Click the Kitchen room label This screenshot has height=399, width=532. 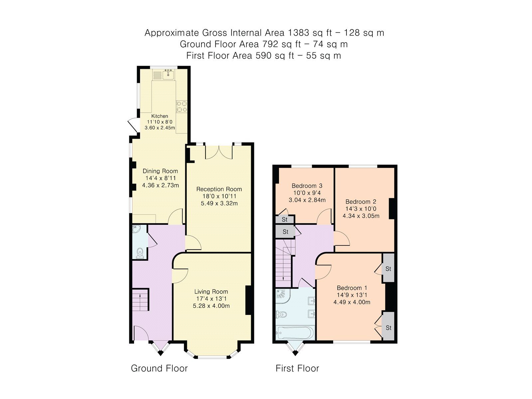tap(160, 116)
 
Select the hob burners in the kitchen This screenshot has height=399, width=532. tap(182, 106)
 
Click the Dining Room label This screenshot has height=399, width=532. tap(160, 171)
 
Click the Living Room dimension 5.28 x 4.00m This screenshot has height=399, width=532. tap(211, 306)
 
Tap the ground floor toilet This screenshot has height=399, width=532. tap(140, 252)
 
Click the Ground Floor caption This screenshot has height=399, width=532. tap(159, 368)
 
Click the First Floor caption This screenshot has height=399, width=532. tap(297, 368)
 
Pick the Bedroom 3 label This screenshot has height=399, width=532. tap(307, 186)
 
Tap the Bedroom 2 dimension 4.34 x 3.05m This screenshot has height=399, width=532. tap(361, 215)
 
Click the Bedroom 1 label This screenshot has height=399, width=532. tap(352, 288)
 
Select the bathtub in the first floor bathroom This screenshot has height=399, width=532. tap(295, 332)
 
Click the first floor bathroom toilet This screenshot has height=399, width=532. tap(282, 314)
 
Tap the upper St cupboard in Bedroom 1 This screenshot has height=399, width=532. tap(388, 268)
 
